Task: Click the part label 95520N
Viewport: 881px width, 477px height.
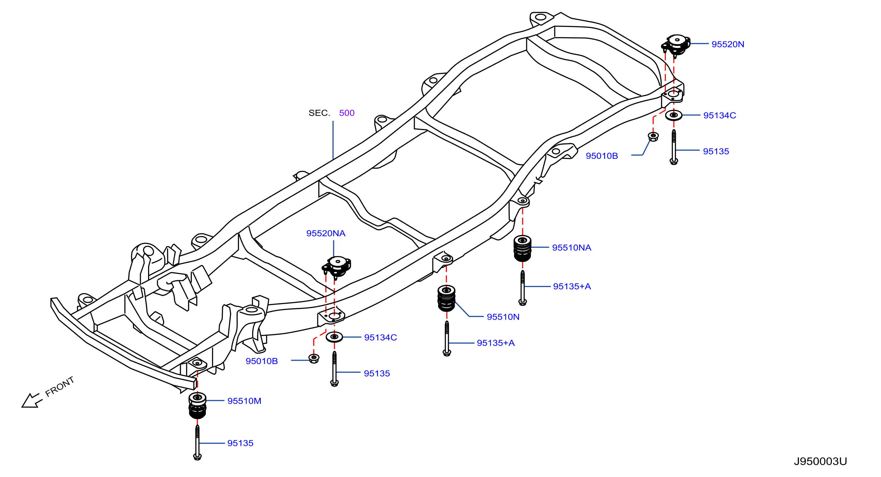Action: pyautogui.click(x=727, y=44)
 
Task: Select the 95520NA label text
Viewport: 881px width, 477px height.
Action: pyautogui.click(x=326, y=233)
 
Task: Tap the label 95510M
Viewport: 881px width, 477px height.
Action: pyautogui.click(x=244, y=401)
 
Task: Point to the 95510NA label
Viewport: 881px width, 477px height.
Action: pyautogui.click(x=571, y=248)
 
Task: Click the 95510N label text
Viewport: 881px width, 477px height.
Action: pyautogui.click(x=503, y=317)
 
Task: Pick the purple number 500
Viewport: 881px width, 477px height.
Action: pyautogui.click(x=347, y=113)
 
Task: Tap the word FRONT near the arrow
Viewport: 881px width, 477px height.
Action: pyautogui.click(x=60, y=387)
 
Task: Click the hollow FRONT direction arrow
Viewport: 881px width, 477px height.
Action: pyautogui.click(x=32, y=401)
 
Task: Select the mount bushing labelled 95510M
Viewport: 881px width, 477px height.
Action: pyautogui.click(x=197, y=406)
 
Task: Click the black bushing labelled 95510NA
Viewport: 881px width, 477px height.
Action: pyautogui.click(x=522, y=248)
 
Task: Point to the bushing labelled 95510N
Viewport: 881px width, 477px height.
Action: pyautogui.click(x=446, y=298)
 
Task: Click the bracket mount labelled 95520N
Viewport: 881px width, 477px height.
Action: pyautogui.click(x=676, y=46)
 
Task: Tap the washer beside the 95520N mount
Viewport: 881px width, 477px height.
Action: pyautogui.click(x=674, y=115)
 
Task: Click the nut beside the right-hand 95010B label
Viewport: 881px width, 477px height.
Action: pyautogui.click(x=653, y=137)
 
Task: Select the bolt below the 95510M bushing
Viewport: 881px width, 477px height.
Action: pyautogui.click(x=197, y=442)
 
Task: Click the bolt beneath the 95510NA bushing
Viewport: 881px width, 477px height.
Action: pyautogui.click(x=522, y=288)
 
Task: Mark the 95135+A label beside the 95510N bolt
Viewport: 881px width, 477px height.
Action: pyautogui.click(x=496, y=343)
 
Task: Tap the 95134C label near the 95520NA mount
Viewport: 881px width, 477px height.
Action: pyautogui.click(x=380, y=337)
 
